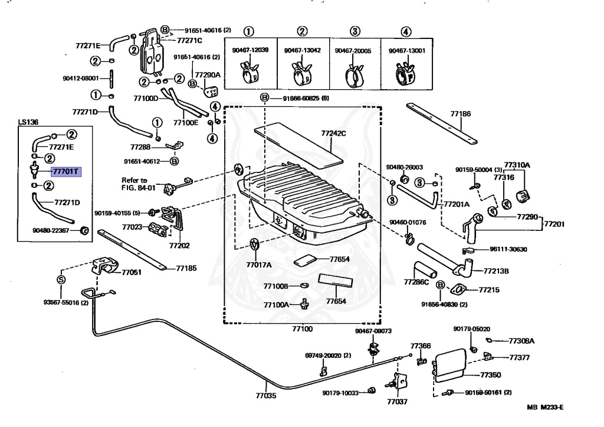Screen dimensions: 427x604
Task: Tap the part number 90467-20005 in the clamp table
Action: tap(353, 51)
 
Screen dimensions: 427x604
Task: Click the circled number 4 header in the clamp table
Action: tap(406, 32)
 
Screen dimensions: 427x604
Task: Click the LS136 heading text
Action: tap(28, 122)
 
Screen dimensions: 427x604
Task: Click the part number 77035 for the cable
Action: tap(265, 396)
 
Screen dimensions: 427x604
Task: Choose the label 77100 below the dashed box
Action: tap(302, 328)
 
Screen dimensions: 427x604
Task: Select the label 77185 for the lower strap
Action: tap(185, 268)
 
